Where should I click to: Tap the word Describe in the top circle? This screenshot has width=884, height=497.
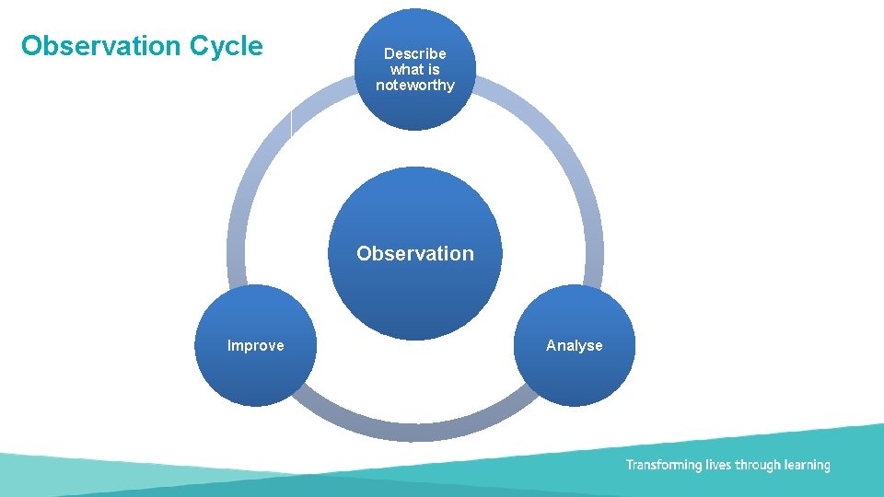[x=414, y=53]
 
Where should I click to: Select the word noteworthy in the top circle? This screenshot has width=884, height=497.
[x=414, y=86]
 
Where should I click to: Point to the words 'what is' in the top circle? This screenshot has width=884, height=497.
[x=414, y=69]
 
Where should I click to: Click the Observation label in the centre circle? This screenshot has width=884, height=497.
[x=414, y=253]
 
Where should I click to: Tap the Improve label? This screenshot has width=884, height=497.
[x=255, y=346]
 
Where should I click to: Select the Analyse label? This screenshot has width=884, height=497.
[x=574, y=346]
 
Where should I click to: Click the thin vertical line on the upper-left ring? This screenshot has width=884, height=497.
[x=291, y=123]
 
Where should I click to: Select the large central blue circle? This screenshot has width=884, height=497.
[x=414, y=295]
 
